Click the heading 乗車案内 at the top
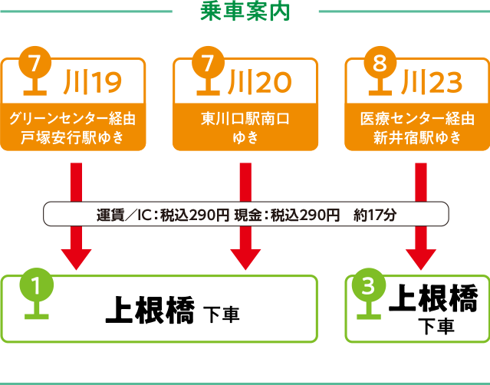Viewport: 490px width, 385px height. pyautogui.click(x=245, y=12)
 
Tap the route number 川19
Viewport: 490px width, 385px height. pyautogui.click(x=94, y=80)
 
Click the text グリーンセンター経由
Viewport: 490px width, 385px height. pyautogui.click(x=73, y=119)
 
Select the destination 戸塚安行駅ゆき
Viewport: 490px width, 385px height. pyautogui.click(x=73, y=138)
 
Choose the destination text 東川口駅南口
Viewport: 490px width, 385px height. pyautogui.click(x=245, y=119)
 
